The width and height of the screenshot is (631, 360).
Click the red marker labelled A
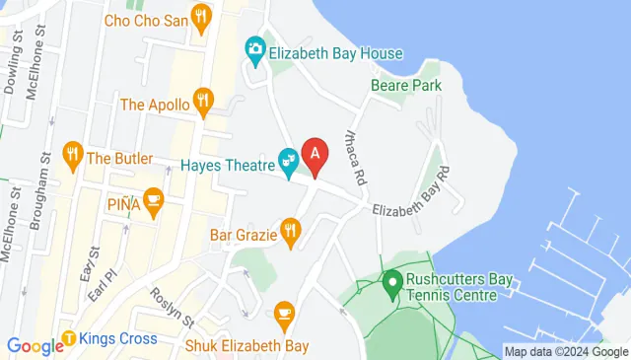(x=315, y=156)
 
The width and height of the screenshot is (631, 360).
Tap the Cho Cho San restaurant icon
(x=202, y=16)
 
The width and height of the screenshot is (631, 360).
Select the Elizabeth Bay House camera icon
(x=255, y=48)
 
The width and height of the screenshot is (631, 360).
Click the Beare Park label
(x=405, y=86)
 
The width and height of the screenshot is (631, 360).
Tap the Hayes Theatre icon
(x=289, y=159)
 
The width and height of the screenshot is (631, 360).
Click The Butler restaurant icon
(x=71, y=154)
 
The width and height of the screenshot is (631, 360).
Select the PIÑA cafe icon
(x=152, y=200)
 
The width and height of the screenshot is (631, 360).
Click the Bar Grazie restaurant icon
(x=289, y=232)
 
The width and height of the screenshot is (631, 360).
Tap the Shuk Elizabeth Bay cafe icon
(x=284, y=313)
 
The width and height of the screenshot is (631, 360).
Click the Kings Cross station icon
(x=69, y=339)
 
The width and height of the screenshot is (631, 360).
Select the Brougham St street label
(x=46, y=201)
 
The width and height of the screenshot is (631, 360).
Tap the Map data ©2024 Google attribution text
(x=566, y=351)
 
